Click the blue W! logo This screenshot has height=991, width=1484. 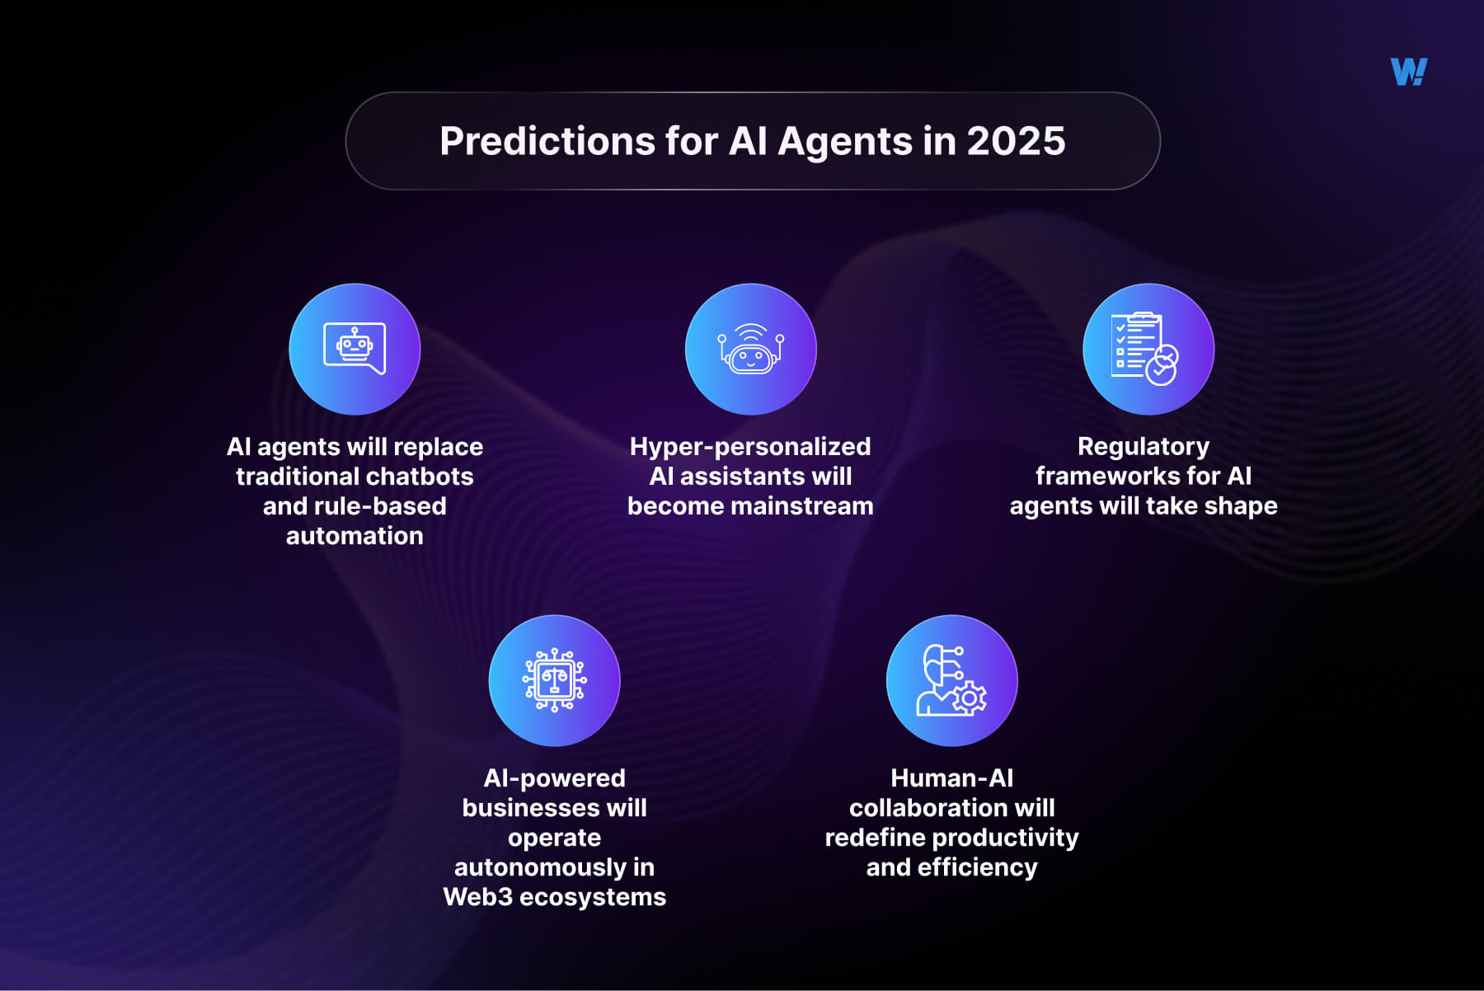coord(1408,72)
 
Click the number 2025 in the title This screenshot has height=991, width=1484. coord(1016,141)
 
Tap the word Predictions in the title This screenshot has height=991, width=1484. coord(547,141)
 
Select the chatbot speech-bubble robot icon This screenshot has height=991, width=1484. coord(355,349)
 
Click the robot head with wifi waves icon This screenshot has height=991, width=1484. coord(750,349)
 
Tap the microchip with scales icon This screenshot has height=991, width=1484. coord(554,680)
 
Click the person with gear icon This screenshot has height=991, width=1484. coord(951,680)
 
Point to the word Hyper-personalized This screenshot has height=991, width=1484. coord(749,447)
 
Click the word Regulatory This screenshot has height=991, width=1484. coord(1144,447)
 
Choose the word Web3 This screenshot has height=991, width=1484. coord(477,897)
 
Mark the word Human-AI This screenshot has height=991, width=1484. coord(951,778)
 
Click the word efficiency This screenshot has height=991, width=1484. coord(977,867)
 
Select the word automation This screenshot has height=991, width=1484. coord(355,536)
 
